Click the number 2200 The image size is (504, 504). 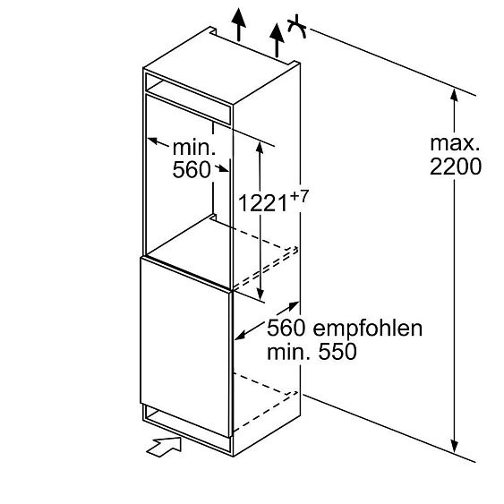[456, 167]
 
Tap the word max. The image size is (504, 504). [455, 143]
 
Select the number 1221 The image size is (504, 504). [262, 203]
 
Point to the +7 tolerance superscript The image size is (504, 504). [299, 197]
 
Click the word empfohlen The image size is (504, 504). [368, 329]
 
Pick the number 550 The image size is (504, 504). [337, 351]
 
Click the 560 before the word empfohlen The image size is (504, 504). [286, 328]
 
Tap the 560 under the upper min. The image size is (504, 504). [192, 170]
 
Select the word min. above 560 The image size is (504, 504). [194, 148]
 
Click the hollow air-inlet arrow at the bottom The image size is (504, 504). [164, 446]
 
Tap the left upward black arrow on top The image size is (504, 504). [238, 24]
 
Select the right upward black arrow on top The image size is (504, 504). [277, 41]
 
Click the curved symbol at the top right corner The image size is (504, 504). [296, 27]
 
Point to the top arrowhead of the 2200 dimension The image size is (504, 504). [454, 96]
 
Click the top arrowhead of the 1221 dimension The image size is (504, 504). [260, 149]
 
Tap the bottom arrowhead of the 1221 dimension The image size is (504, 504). [260, 294]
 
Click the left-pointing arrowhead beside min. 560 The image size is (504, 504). [154, 141]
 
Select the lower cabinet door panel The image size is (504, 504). [186, 346]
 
